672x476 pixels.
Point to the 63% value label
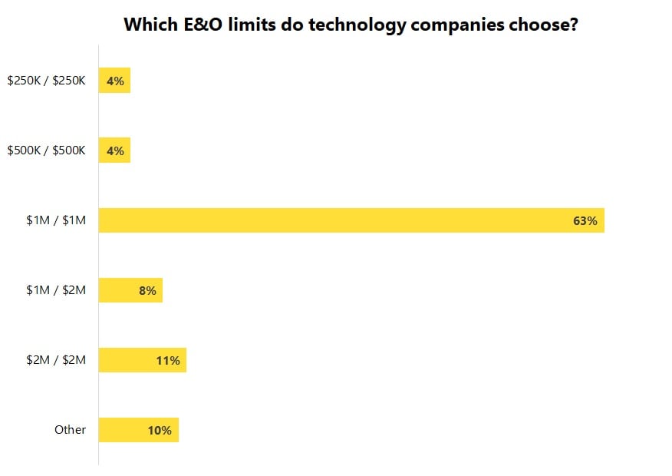coord(585,221)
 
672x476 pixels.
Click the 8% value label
coord(147,291)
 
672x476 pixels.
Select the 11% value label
coord(167,361)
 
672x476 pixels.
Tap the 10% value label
coord(160,431)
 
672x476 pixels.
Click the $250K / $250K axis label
coord(47,81)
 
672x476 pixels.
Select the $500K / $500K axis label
coord(47,150)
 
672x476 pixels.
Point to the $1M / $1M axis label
coord(56,221)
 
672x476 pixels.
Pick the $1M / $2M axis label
coord(56,290)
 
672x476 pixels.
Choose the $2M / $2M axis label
coord(56,360)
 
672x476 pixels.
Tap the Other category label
coord(70,430)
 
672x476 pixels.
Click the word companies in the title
coord(448,24)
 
